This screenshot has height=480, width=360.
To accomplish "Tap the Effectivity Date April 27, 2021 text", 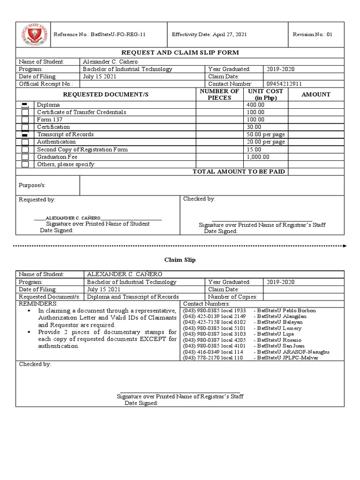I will pyautogui.click(x=210, y=35).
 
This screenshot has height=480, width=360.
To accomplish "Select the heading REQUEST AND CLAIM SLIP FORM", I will pyautogui.click(x=180, y=53).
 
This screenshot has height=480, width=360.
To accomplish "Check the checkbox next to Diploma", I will pyautogui.click(x=25, y=105).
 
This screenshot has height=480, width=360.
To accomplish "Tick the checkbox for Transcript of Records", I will pyautogui.click(x=25, y=135).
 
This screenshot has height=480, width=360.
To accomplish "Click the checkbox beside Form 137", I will pyautogui.click(x=25, y=120).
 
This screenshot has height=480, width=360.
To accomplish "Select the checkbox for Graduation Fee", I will pyautogui.click(x=25, y=157).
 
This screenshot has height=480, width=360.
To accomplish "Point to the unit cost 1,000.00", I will pyautogui.click(x=258, y=157).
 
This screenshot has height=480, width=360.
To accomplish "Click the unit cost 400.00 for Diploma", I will pyautogui.click(x=255, y=105).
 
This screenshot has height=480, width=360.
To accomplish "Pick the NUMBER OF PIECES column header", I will pyautogui.click(x=219, y=94).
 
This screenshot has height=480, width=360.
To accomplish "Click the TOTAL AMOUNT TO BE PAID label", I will pyautogui.click(x=239, y=172).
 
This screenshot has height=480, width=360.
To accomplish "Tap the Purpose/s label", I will pyautogui.click(x=32, y=185).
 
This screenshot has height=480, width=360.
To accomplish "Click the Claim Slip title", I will pyautogui.click(x=180, y=259).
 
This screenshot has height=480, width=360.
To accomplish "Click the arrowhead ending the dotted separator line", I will pyautogui.click(x=345, y=245).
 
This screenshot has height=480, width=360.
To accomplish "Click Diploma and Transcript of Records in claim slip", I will pyautogui.click(x=133, y=297).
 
